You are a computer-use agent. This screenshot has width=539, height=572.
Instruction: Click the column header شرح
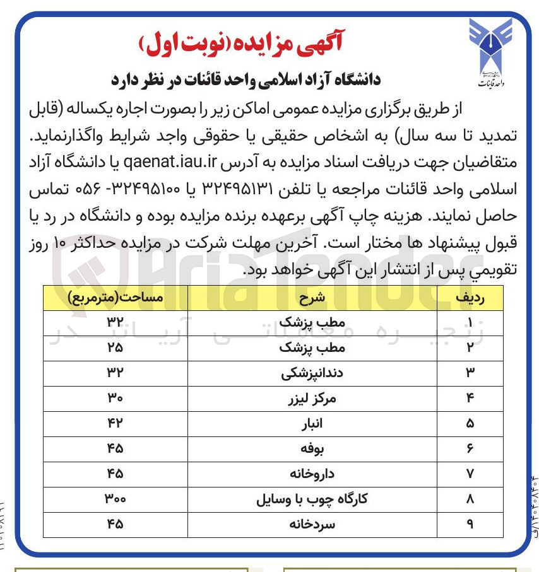312,296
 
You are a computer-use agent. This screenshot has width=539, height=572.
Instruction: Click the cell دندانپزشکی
312,373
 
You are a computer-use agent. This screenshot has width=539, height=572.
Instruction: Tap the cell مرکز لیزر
312,398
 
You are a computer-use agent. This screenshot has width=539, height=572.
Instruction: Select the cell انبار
312,423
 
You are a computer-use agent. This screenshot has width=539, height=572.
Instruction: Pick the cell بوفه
312,448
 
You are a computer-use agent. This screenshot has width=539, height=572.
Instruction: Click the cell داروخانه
312,474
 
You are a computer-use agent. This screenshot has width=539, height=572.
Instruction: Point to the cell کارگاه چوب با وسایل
312,499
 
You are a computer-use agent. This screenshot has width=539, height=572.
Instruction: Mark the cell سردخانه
312,524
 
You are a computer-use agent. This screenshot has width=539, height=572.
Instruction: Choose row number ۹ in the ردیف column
470,524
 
